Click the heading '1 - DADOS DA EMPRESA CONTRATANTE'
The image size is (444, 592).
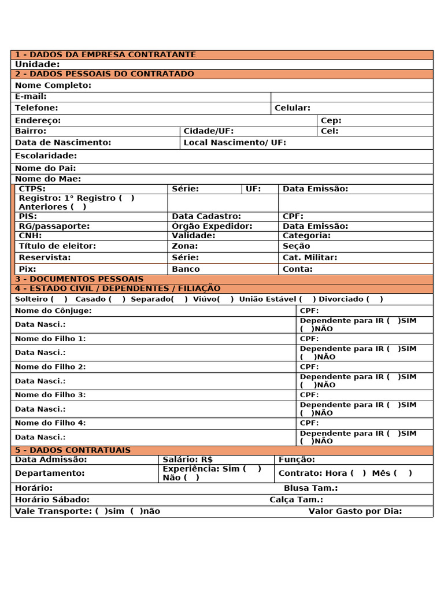point(105,55)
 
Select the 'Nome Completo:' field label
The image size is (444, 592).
point(53,86)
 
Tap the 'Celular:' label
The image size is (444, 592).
point(293,108)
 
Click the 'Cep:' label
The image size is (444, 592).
point(331,121)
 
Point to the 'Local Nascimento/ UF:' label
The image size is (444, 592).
point(235,143)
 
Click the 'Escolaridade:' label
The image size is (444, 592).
point(46,156)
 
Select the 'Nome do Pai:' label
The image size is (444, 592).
point(46,169)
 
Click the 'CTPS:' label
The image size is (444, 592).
point(32,189)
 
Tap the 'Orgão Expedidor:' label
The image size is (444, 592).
point(212,227)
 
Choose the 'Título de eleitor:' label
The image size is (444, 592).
point(57,246)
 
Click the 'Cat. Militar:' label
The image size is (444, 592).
point(310,258)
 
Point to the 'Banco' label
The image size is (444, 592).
point(186,269)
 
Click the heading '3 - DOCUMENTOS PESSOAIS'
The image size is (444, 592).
point(79,279)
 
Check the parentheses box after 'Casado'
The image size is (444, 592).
point(117,299)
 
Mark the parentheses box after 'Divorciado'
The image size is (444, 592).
point(375,299)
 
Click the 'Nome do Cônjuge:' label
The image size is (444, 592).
point(53,311)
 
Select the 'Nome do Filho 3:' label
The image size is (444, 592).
point(50,395)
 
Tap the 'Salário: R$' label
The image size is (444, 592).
point(188,460)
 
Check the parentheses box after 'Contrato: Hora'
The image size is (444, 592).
point(358,473)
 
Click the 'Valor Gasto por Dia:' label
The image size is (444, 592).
point(355,512)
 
